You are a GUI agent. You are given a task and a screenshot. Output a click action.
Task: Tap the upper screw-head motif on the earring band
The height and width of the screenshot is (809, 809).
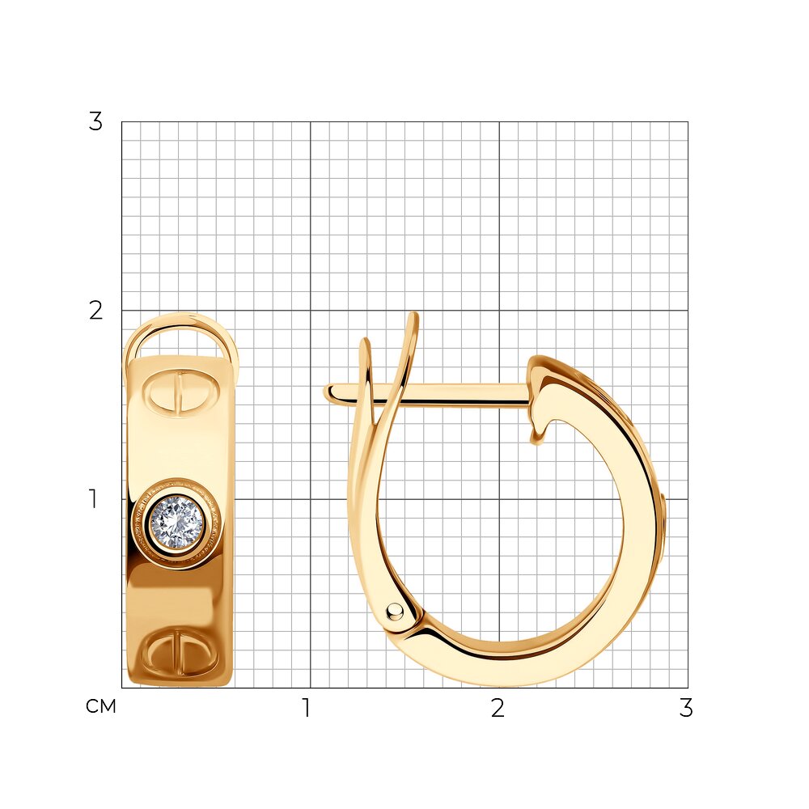click(181, 393)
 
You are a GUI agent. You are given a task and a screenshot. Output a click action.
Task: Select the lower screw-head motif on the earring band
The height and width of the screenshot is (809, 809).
click(180, 651)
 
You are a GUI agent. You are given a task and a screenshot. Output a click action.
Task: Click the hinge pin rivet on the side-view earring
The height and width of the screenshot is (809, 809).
click(396, 611)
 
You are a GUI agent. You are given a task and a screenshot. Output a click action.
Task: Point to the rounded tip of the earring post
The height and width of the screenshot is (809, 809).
click(328, 392)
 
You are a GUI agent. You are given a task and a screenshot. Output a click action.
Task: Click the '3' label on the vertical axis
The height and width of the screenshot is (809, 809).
click(96, 122)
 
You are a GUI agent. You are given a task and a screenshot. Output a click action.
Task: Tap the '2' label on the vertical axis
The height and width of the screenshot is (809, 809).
click(96, 311)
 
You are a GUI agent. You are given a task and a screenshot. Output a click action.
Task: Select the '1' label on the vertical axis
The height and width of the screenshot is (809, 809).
click(93, 499)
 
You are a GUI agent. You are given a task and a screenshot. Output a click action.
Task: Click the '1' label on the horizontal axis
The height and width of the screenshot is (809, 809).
click(307, 708)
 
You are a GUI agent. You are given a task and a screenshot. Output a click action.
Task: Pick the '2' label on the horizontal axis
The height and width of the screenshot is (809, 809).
click(498, 708)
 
